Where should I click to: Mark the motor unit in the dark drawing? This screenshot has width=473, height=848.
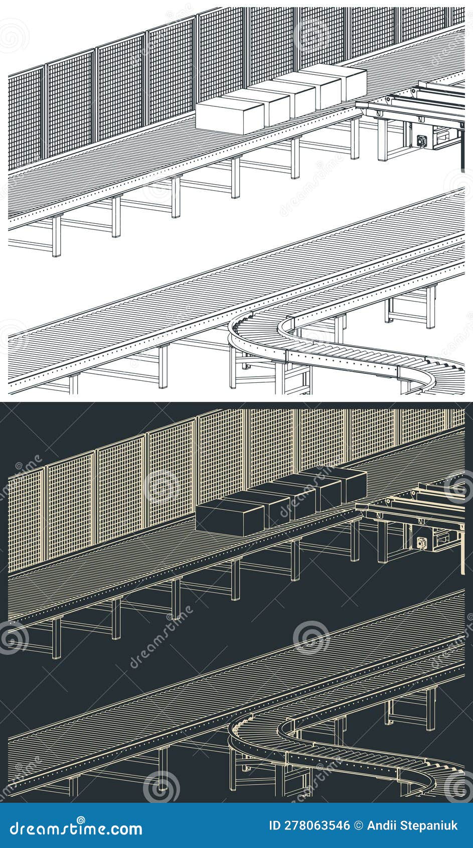pyautogui.click(x=420, y=542)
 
